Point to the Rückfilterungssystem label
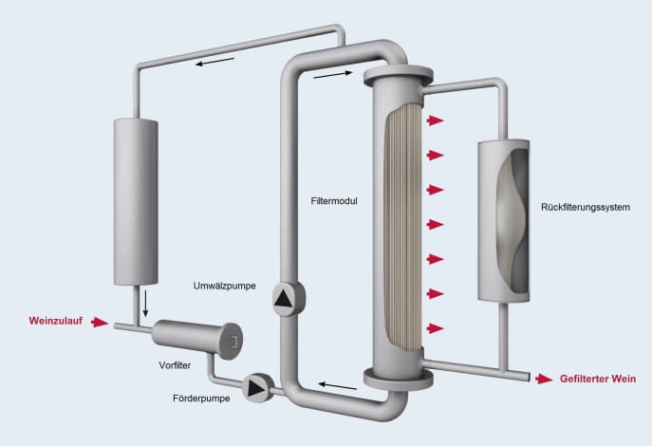586,207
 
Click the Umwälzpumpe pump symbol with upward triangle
285,301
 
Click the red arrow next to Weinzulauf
100,323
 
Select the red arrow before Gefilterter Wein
543,379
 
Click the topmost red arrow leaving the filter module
436,121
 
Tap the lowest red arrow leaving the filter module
436,328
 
